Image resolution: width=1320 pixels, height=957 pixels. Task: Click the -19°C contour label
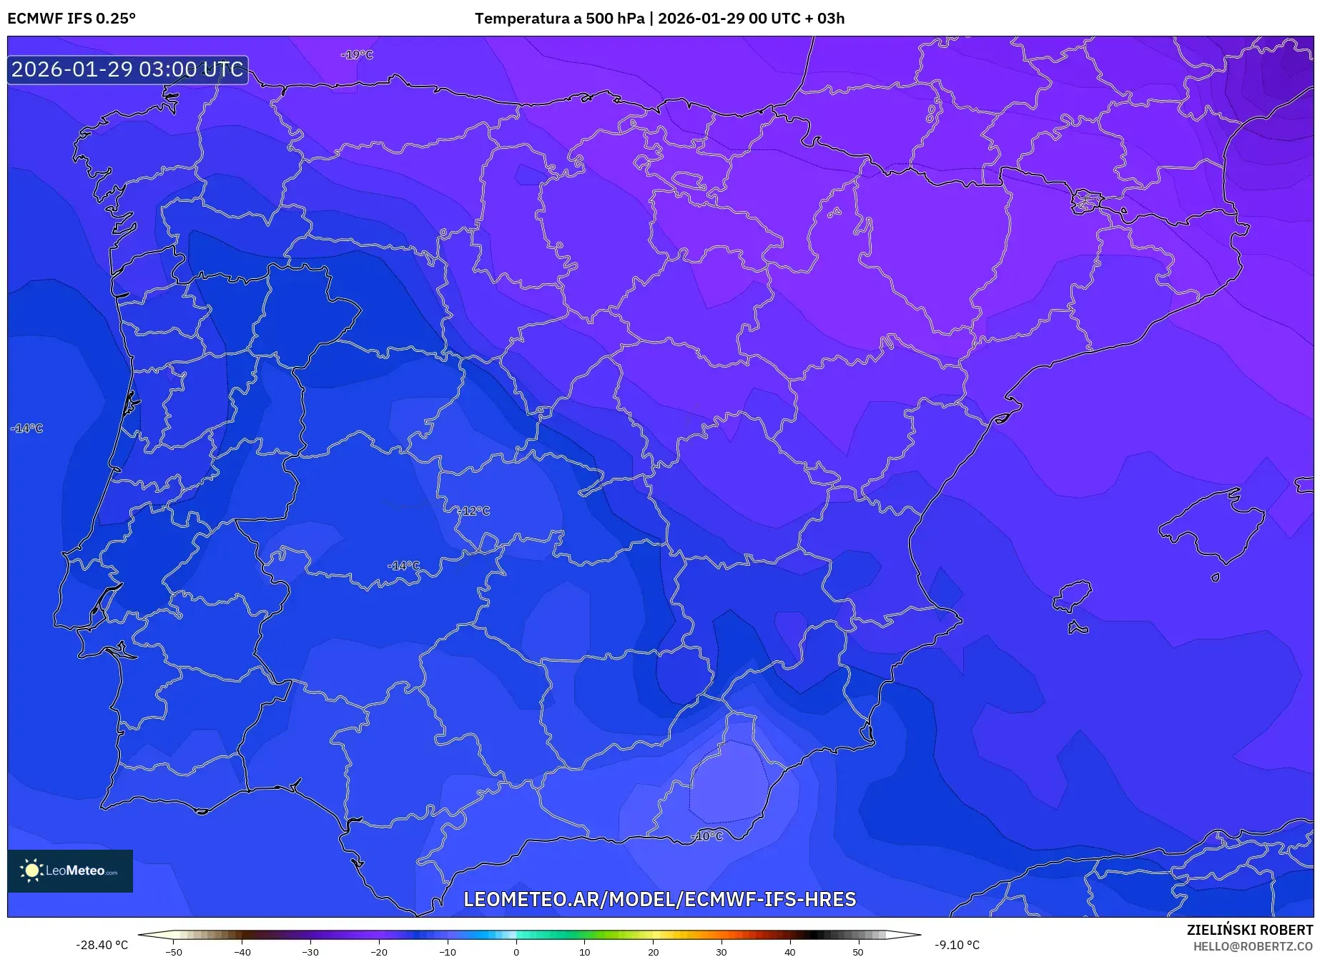click(358, 55)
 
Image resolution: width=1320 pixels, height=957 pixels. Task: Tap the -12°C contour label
click(475, 511)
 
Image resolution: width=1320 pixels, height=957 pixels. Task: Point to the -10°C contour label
click(708, 836)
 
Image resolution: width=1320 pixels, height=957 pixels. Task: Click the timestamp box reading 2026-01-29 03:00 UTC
click(128, 69)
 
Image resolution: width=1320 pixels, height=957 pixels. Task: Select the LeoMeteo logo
click(70, 870)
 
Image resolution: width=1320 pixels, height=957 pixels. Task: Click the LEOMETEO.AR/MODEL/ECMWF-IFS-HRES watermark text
click(659, 899)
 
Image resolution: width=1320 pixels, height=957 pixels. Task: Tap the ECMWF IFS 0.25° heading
click(72, 19)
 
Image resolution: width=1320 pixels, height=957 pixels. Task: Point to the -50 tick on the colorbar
click(174, 951)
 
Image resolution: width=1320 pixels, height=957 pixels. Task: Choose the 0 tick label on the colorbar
click(516, 951)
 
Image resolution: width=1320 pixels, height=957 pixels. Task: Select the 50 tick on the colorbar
click(858, 951)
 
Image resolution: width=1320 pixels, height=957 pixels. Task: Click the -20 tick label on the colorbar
click(379, 951)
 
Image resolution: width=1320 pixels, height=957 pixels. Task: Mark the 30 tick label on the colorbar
click(721, 951)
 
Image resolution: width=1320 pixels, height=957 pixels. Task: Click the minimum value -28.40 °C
click(102, 945)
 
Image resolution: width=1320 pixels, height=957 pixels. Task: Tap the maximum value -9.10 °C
click(957, 945)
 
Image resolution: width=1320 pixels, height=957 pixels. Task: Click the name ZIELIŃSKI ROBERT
click(1250, 931)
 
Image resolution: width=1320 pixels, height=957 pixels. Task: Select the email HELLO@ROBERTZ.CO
click(1253, 946)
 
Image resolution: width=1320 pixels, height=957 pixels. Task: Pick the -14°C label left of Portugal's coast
click(27, 428)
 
